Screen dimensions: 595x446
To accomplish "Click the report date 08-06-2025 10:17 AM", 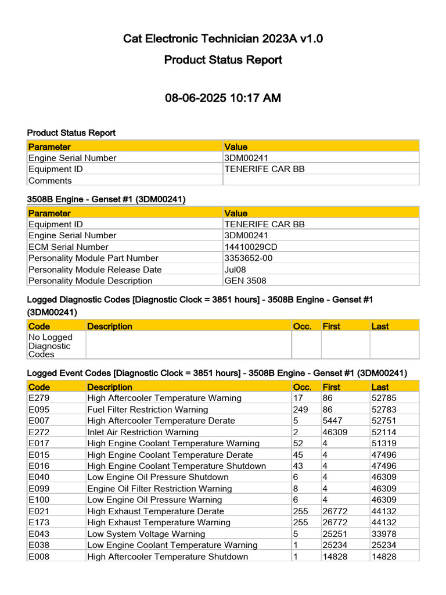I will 223,98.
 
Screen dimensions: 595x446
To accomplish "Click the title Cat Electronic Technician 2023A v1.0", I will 223,39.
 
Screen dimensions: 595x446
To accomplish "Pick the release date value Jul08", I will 234,270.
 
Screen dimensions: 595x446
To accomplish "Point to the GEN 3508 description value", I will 245,281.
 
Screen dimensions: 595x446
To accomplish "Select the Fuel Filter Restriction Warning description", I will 148,410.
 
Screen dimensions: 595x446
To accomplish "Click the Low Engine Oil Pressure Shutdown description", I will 158,477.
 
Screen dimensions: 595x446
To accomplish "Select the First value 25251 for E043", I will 334,534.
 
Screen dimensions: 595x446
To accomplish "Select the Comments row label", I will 50,181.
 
